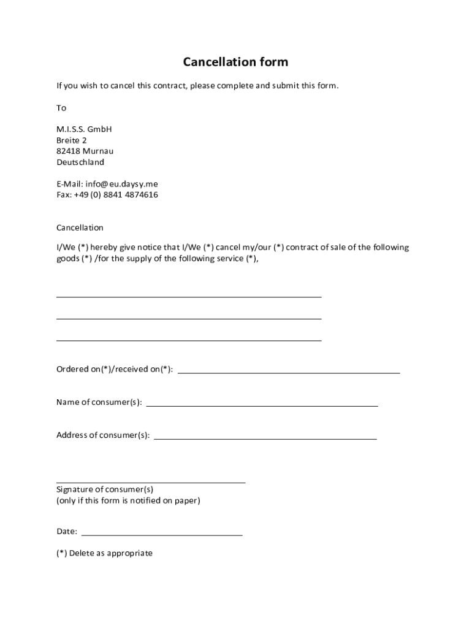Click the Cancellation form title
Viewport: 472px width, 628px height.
pos(235,62)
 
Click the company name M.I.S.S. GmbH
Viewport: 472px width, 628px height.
pos(85,129)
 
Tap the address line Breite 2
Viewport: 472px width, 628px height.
pos(72,140)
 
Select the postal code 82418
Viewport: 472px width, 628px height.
pos(67,151)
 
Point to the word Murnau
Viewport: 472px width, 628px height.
pos(98,151)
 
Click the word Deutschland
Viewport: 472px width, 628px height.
pos(80,163)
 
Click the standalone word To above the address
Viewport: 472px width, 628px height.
pos(61,108)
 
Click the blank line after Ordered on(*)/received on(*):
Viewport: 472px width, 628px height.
pos(289,372)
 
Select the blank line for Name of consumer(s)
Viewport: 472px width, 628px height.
pos(262,405)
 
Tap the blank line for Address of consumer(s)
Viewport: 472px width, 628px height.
pos(265,438)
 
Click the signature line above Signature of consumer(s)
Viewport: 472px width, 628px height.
pos(151,482)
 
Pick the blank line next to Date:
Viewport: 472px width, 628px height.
pos(162,535)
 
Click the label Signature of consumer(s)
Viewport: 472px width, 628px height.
pos(105,489)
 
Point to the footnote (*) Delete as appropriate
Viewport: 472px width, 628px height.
pos(104,553)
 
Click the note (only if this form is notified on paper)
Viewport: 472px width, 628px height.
pos(128,500)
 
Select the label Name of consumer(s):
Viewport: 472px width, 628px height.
pos(99,402)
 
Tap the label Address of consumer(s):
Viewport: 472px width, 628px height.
pos(103,435)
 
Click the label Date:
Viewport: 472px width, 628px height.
pos(67,532)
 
